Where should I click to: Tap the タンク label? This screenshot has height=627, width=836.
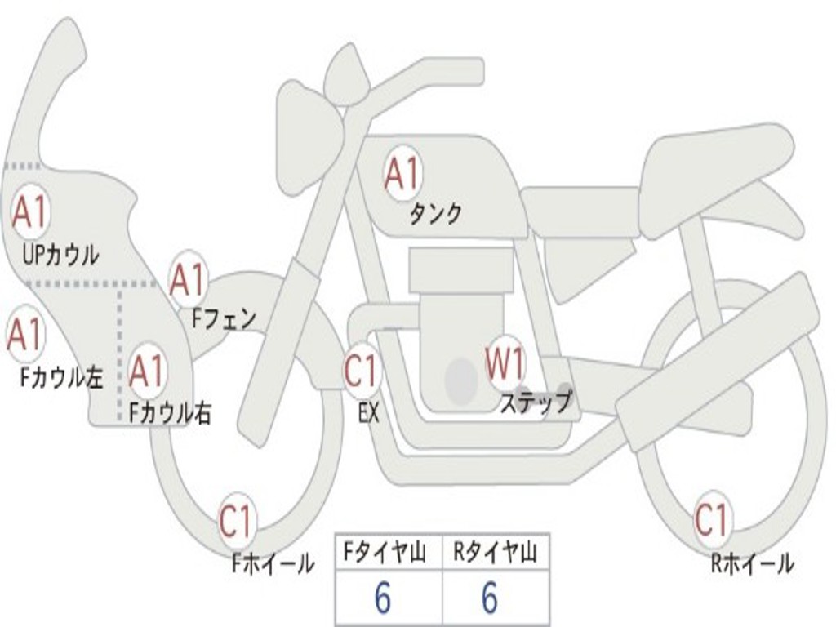(435, 214)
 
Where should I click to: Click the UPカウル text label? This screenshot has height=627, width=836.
(60, 255)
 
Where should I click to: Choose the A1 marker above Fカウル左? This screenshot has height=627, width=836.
(25, 334)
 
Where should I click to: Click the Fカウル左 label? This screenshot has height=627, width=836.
(61, 377)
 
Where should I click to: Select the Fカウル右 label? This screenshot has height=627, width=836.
(171, 412)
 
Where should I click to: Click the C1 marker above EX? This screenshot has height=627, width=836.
(362, 370)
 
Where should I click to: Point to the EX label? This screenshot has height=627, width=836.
(369, 412)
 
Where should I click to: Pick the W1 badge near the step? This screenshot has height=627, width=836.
(505, 362)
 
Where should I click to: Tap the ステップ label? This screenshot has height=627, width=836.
(536, 401)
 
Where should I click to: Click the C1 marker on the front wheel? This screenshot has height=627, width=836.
(236, 521)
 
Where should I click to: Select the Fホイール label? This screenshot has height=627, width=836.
(273, 563)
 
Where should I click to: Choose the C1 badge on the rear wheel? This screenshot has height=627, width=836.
(712, 518)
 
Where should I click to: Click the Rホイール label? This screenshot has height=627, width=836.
(752, 563)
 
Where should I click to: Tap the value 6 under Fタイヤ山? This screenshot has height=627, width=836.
(383, 598)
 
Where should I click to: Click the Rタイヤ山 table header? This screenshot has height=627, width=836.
(496, 552)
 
